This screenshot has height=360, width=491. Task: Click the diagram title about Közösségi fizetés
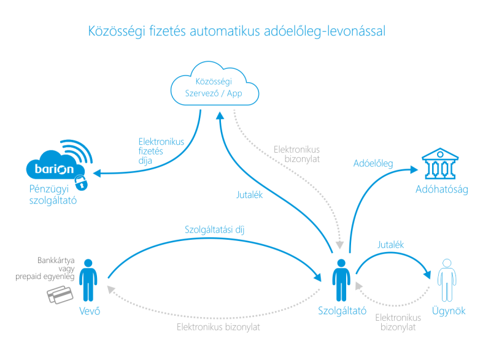237,31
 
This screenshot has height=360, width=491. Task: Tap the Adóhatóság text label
441,190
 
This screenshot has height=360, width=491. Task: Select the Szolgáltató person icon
341,280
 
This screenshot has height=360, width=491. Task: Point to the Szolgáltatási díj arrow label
211,229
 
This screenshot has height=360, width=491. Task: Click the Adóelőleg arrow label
374,164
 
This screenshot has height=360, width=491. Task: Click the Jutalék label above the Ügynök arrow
391,245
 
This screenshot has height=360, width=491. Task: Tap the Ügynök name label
447,311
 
